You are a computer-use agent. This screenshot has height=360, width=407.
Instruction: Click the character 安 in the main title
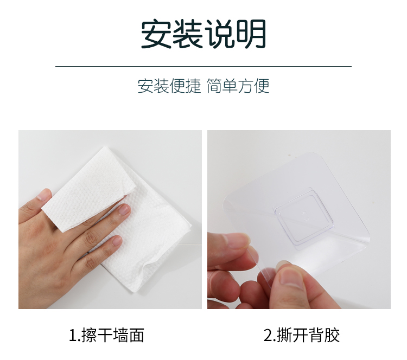[156, 34]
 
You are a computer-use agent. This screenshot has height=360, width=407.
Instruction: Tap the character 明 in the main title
[251, 34]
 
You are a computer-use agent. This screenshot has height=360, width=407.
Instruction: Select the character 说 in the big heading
[219, 34]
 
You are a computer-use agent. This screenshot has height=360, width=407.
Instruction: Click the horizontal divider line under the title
[203, 66]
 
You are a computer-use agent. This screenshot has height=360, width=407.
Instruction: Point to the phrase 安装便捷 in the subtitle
[169, 86]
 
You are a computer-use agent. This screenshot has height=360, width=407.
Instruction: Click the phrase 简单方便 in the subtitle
[238, 86]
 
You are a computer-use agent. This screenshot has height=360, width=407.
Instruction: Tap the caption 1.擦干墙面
[106, 335]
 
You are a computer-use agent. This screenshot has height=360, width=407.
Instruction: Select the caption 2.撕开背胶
[302, 335]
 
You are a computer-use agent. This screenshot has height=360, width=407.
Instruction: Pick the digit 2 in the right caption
[268, 335]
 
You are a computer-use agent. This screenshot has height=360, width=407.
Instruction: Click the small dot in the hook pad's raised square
[305, 214]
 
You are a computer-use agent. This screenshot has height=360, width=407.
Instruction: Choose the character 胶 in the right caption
[332, 335]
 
